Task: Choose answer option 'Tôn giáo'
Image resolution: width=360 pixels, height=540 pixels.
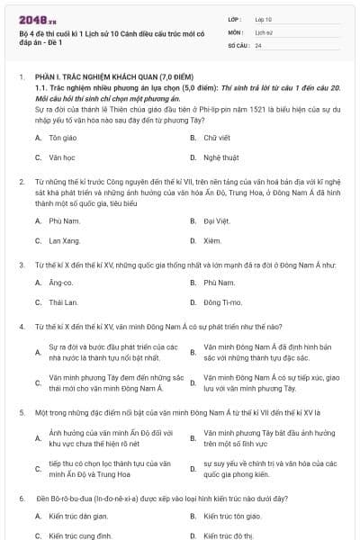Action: (x=61, y=138)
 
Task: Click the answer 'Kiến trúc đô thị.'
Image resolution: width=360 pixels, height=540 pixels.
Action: (x=229, y=536)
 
